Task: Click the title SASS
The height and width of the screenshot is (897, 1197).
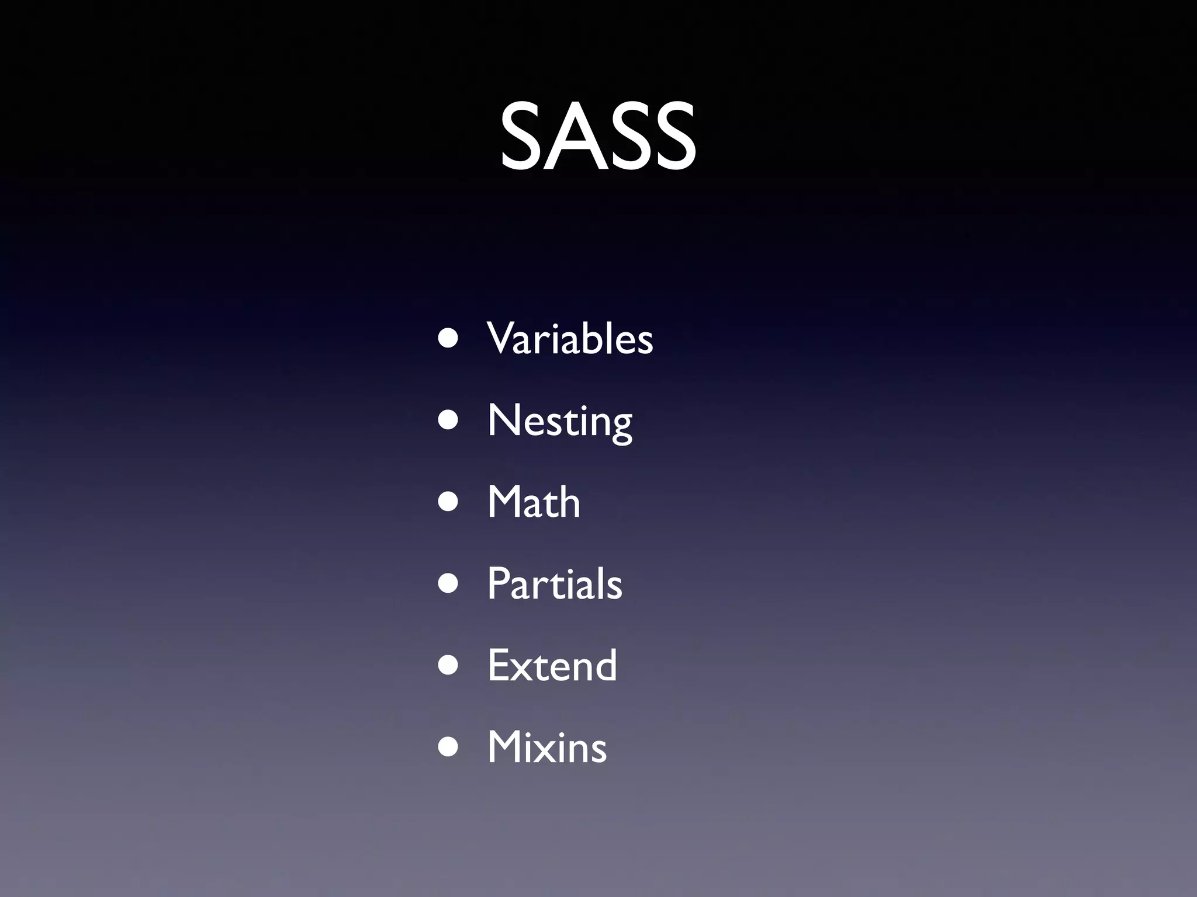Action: pos(598,137)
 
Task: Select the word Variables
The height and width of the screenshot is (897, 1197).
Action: pos(570,339)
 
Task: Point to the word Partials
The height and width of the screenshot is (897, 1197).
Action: pos(555,584)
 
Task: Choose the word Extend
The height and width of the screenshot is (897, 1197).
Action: pos(552,666)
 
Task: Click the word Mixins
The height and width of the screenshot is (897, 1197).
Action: pos(547,747)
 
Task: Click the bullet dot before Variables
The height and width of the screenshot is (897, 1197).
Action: pos(448,339)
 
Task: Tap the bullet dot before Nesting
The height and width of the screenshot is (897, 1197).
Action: pos(448,421)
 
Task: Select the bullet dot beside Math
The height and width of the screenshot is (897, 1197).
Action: pos(448,503)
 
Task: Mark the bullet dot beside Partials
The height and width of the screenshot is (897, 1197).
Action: pos(448,585)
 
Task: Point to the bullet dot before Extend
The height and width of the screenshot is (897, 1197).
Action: pos(448,666)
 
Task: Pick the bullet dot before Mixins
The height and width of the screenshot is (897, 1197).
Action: pos(448,748)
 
